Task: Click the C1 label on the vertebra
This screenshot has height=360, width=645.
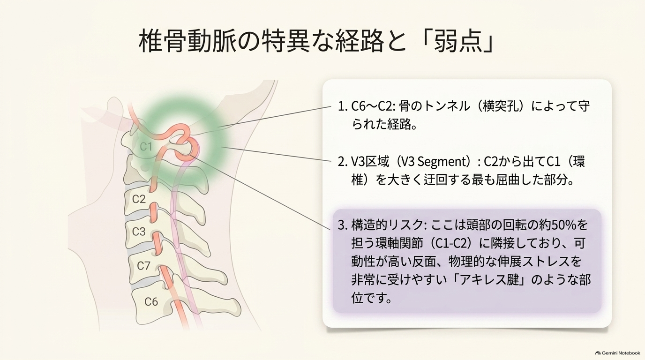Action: tap(146, 147)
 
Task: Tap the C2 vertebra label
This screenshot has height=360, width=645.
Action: tap(139, 199)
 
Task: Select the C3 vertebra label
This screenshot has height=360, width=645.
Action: tap(139, 231)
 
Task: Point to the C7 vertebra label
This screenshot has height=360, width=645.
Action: tap(143, 265)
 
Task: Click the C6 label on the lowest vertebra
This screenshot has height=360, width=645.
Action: tap(151, 301)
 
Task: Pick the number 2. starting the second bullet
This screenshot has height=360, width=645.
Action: tap(342, 162)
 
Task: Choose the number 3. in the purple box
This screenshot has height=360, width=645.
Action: tap(342, 225)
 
